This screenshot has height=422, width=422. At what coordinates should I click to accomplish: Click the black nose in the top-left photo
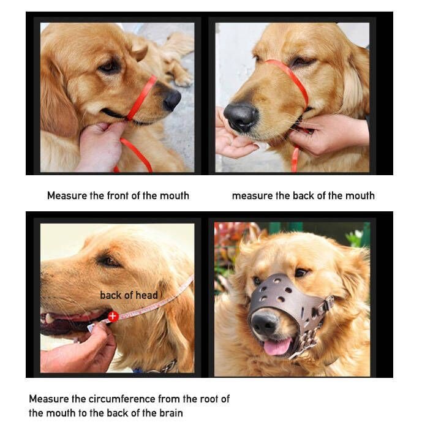(x=172, y=100)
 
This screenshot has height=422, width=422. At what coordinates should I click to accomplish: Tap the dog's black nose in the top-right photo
(x=240, y=117)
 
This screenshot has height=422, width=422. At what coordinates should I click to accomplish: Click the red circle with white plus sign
(x=113, y=316)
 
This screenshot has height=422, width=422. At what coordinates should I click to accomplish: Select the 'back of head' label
(x=129, y=295)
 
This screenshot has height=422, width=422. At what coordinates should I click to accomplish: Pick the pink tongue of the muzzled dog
(x=277, y=347)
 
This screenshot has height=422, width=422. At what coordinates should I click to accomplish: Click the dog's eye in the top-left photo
(x=109, y=67)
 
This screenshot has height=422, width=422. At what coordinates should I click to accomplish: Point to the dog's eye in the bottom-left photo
(x=109, y=260)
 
